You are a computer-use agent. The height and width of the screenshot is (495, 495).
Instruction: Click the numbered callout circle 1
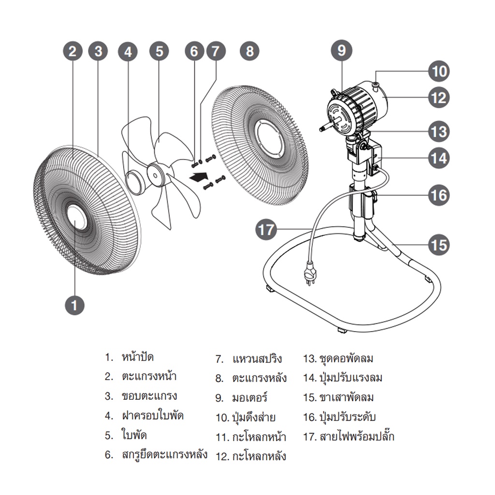(74, 305)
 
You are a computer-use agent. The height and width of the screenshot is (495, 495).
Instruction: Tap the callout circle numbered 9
(342, 50)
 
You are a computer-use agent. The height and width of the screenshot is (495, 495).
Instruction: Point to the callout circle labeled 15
(439, 245)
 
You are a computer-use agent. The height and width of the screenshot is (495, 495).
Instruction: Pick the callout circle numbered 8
(249, 51)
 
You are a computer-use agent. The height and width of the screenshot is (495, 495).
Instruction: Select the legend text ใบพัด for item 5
(134, 435)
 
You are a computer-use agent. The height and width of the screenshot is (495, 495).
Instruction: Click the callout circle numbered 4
(128, 51)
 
